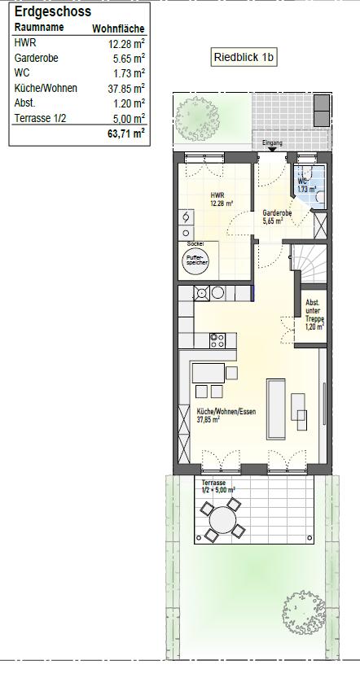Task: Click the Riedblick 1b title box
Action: click(244, 57)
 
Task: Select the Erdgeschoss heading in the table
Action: click(52, 11)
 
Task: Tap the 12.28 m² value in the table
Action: click(126, 44)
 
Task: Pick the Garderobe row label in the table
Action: click(36, 58)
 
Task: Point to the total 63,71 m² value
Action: click(126, 133)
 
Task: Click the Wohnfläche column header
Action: click(118, 29)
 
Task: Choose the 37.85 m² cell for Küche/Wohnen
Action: click(126, 89)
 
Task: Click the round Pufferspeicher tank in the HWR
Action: click(195, 260)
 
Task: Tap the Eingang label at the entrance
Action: click(272, 142)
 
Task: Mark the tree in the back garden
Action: click(304, 612)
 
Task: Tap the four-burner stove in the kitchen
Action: click(217, 340)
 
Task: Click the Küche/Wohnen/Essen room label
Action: click(226, 415)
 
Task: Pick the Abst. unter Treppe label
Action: click(314, 315)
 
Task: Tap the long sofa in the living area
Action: click(276, 409)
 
